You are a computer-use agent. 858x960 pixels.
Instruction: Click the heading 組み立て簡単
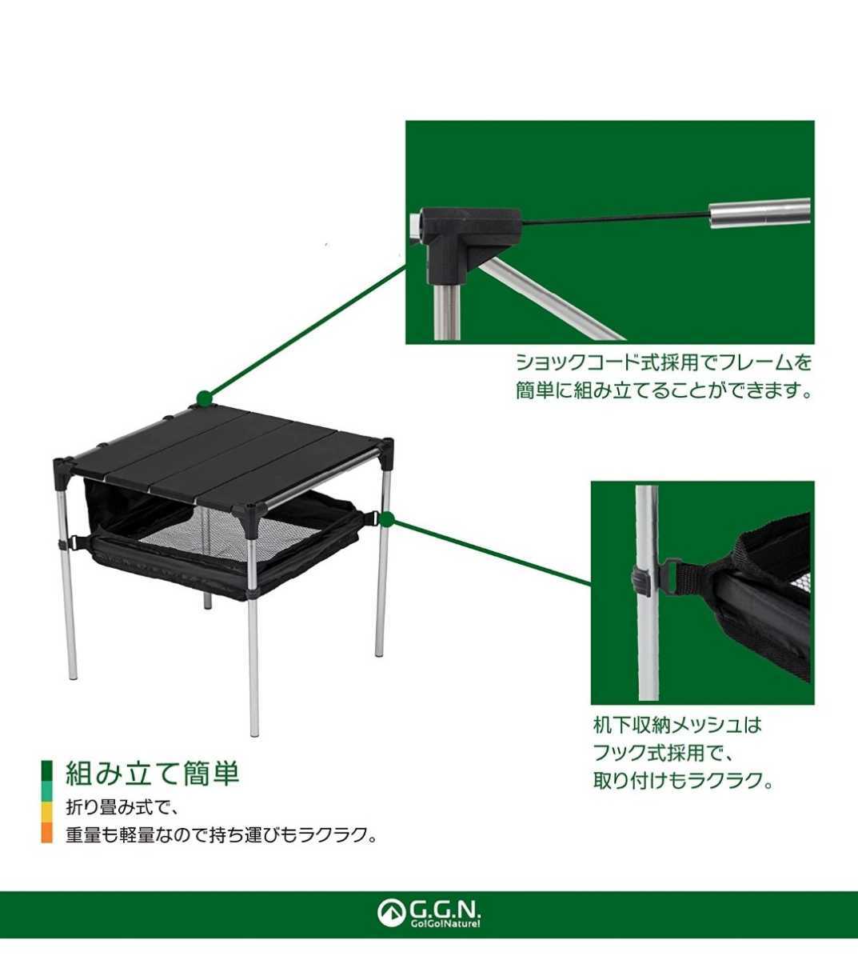pyautogui.click(x=152, y=774)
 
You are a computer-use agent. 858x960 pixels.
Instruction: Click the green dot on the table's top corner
pyautogui.click(x=204, y=398)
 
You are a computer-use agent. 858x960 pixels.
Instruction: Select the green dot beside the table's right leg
pyautogui.click(x=387, y=519)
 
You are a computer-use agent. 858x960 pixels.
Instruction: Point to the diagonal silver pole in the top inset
pyautogui.click(x=549, y=297)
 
